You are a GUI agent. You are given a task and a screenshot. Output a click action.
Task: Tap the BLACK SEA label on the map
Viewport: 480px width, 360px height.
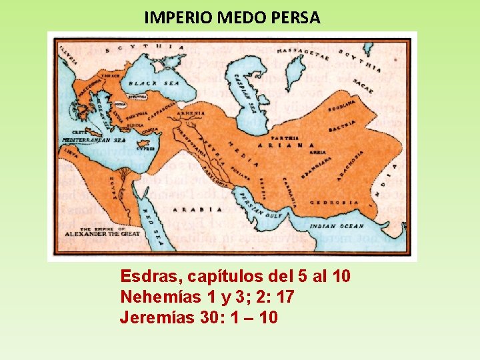[145, 84]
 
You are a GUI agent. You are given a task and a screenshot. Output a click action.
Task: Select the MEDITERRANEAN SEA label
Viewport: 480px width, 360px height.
[94, 141]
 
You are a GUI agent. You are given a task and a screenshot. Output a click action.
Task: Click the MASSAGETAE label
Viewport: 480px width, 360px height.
[303, 53]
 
